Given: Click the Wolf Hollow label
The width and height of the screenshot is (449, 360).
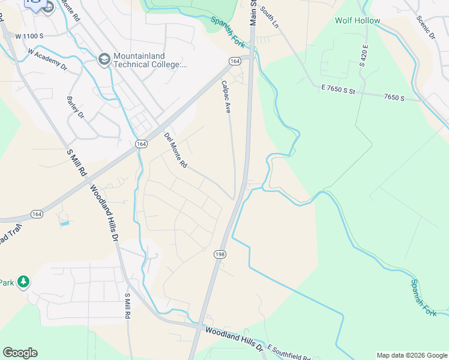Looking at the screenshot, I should point(357,20).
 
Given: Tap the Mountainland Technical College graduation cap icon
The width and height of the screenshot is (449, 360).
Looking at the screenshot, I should point(103,60).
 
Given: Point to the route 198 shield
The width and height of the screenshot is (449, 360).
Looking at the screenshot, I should point(218,255).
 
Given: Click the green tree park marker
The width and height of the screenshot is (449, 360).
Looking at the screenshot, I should point(23,281).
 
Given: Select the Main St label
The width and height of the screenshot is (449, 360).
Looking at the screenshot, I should point(253,13).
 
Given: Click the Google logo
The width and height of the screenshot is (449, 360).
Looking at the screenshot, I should point(20,353).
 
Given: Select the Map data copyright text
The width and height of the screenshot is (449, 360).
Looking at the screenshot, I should point(411,355).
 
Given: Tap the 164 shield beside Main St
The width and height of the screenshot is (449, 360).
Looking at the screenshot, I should point(234,61).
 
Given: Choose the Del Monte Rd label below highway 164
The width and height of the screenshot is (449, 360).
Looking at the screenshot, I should point(176,151).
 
